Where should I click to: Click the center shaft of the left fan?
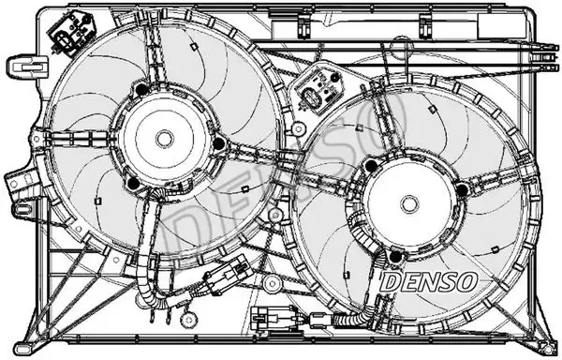pyautogui.click(x=166, y=138)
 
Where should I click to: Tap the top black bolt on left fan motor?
pyautogui.click(x=140, y=90)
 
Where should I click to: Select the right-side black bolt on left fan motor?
pyautogui.click(x=218, y=142)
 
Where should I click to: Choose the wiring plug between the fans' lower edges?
pyautogui.click(x=225, y=276)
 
